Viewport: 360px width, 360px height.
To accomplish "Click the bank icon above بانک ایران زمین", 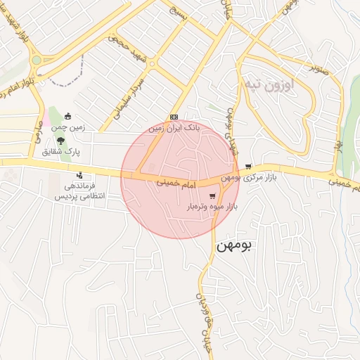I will point(174,117).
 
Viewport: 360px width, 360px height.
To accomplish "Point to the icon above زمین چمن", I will point(67,116).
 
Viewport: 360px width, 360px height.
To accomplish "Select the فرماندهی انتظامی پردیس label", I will point(79,192).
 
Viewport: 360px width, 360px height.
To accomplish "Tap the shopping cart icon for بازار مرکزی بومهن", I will point(248,167).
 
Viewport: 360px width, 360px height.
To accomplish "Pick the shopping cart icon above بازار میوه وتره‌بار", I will point(212,196).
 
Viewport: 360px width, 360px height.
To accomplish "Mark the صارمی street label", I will point(35,134).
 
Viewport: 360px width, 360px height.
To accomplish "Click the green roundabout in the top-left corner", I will point(36,60).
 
